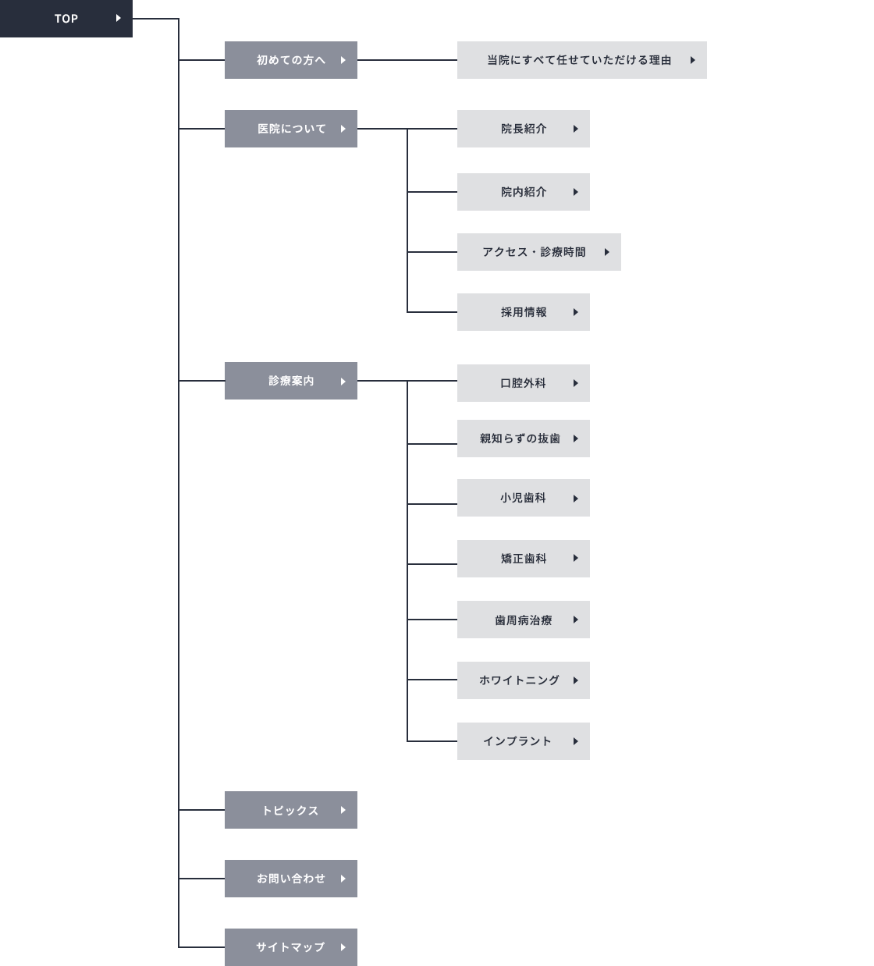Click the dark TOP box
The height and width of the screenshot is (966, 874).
66,18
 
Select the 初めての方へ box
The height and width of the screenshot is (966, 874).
291,60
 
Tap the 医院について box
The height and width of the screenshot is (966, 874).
291,129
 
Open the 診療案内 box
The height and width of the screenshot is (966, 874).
291,381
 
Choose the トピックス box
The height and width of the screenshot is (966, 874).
291,810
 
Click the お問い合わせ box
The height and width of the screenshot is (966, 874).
291,879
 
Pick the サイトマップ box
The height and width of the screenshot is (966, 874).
291,947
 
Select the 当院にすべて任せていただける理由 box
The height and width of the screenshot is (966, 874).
582,60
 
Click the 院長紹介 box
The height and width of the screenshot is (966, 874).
524,129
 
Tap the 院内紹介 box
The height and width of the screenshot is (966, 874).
524,192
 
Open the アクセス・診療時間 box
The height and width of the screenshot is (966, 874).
539,252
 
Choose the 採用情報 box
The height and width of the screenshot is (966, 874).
524,312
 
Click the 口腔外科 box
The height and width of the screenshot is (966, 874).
524,383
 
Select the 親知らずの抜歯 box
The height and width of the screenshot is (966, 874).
524,439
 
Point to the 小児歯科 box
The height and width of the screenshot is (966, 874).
524,498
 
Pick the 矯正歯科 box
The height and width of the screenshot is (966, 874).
524,559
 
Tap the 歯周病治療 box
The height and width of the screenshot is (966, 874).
524,620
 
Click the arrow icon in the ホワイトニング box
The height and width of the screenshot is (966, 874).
575,680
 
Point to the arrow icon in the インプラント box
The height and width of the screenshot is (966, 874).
575,741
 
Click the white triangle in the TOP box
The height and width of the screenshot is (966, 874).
118,18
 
